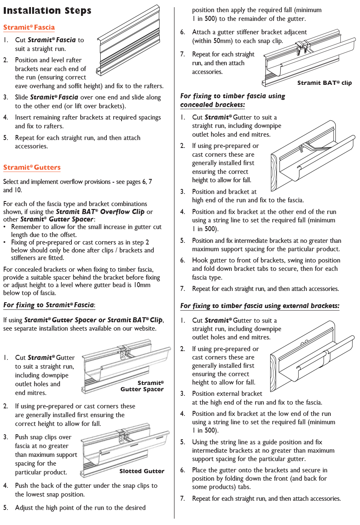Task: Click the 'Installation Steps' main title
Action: click(x=47, y=11)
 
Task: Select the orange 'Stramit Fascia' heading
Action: click(x=29, y=28)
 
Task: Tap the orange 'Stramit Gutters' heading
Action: click(x=32, y=168)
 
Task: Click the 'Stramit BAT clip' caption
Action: click(x=325, y=83)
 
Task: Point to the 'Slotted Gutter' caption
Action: click(x=142, y=471)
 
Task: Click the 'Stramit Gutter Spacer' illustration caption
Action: click(x=142, y=386)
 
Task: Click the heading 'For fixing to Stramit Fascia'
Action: click(x=49, y=305)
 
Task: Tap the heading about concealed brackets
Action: click(x=233, y=100)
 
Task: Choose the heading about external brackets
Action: click(x=260, y=306)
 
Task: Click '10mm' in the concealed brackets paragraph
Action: click(x=142, y=285)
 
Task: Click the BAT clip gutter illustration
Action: click(x=309, y=56)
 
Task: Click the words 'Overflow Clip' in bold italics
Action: click(x=122, y=212)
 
